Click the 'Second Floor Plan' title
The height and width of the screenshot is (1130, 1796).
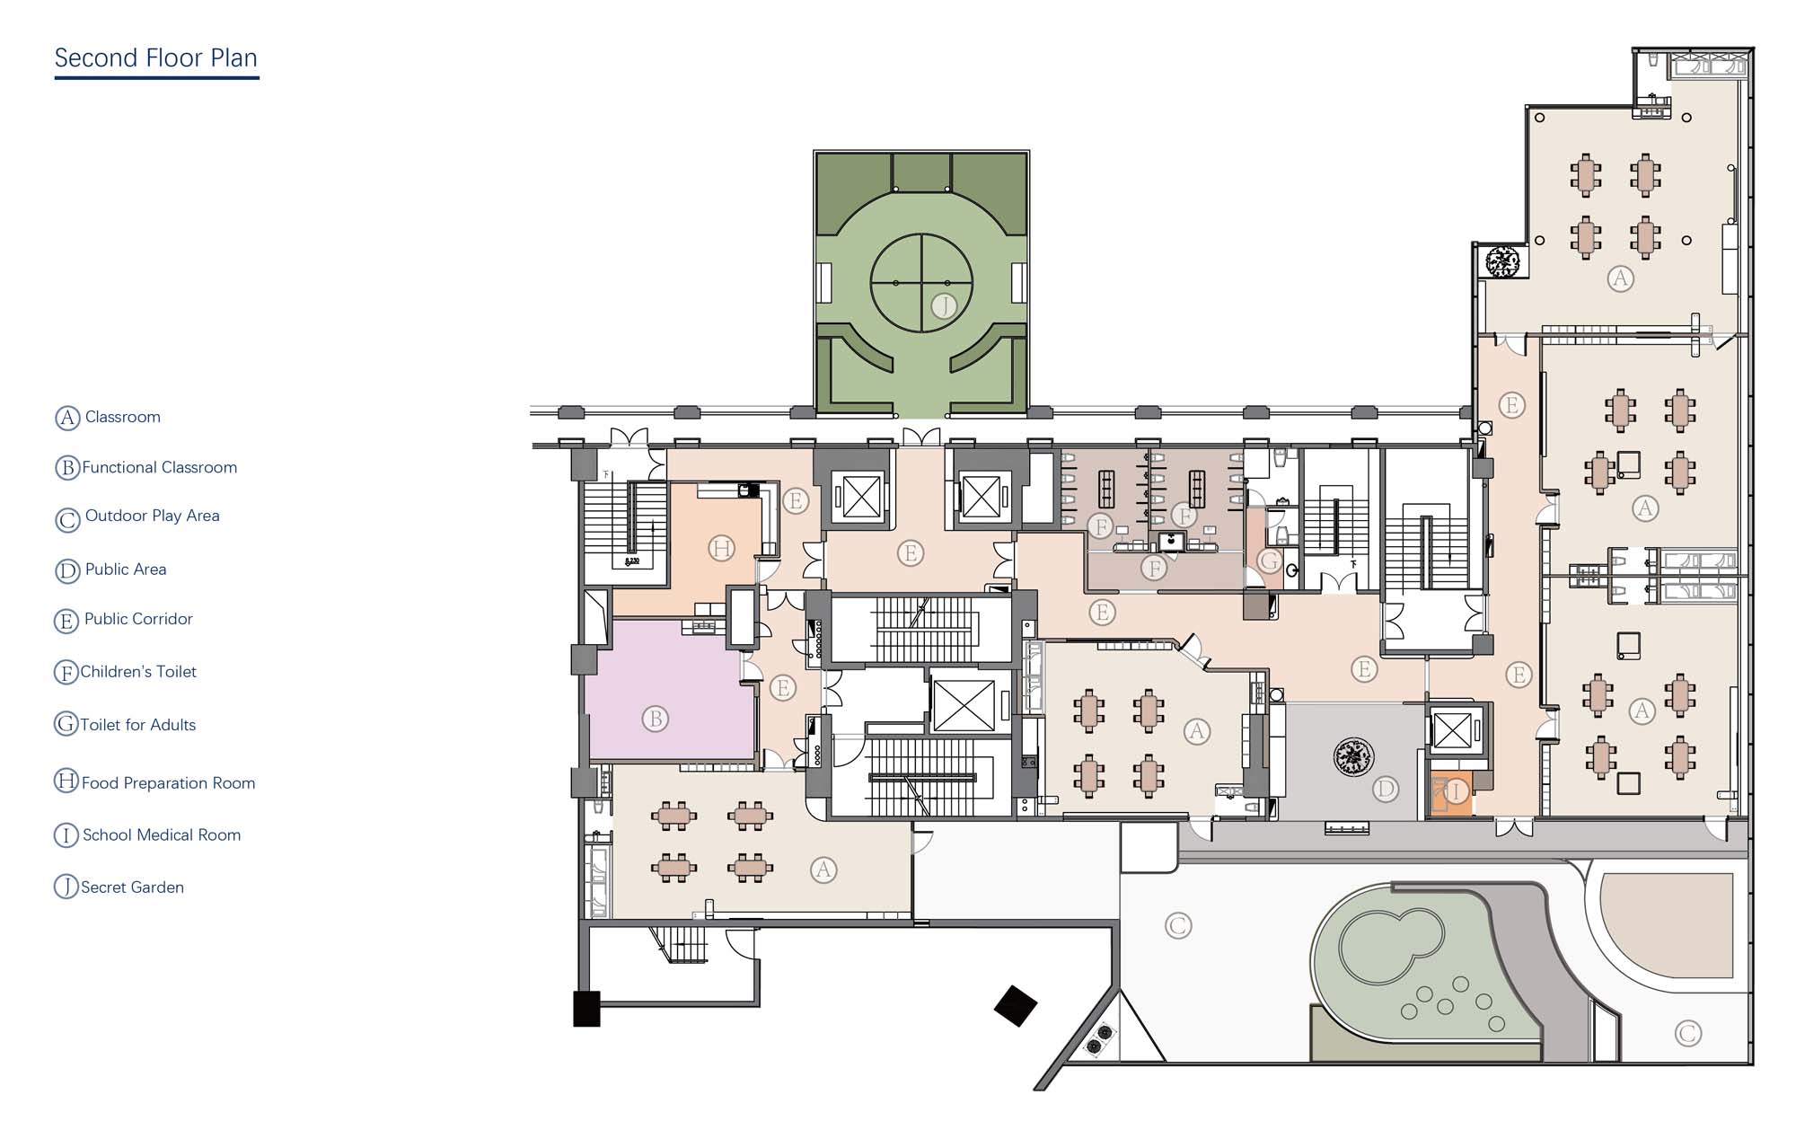[x=156, y=58]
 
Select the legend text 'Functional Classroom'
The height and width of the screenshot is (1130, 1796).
[x=160, y=467]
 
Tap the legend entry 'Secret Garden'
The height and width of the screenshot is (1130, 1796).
[x=133, y=887]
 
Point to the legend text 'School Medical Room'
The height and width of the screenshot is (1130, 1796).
[x=162, y=835]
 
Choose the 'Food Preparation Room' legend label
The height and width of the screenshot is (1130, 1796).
[x=169, y=783]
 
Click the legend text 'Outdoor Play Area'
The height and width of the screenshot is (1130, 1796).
[x=153, y=516]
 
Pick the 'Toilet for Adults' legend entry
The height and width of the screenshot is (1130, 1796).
[x=138, y=725]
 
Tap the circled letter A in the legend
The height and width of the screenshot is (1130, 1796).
[x=67, y=418]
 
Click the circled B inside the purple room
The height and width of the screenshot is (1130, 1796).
[x=656, y=719]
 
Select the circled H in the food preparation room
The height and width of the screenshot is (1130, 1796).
[x=722, y=548]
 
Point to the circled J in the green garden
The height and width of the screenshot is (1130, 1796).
[x=944, y=306]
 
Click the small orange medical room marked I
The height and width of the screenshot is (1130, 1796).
[x=1450, y=793]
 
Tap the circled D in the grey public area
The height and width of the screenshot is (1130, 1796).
[x=1386, y=790]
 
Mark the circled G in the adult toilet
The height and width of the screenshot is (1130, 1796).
[x=1269, y=561]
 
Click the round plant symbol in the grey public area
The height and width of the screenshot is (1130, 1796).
[x=1353, y=756]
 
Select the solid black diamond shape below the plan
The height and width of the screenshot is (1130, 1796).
[x=1016, y=1006]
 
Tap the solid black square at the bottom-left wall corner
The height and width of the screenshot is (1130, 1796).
[x=586, y=1009]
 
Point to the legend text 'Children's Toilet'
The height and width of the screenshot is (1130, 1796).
[x=138, y=672]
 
